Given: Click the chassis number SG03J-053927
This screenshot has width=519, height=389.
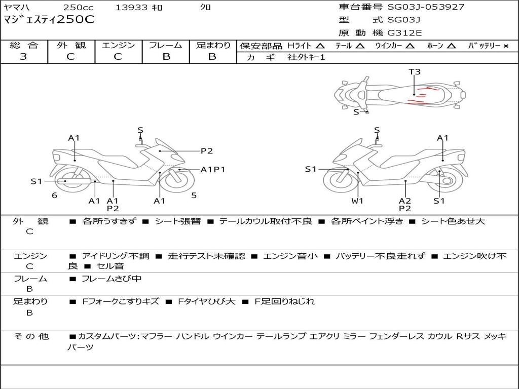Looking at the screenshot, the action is (x=426, y=7).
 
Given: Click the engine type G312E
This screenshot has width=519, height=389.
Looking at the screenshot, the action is (x=404, y=33).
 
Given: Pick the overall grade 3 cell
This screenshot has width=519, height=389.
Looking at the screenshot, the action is (x=23, y=57).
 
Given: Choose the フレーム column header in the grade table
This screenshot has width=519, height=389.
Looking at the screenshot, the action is (x=166, y=45).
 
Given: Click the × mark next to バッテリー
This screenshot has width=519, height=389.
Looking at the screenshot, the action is (x=505, y=46).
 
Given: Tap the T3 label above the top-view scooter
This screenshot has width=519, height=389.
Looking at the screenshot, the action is (x=415, y=72).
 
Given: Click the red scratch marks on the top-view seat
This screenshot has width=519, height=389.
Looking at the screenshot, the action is (x=421, y=96).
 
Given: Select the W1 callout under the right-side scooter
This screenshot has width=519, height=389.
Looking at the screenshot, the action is (x=358, y=201).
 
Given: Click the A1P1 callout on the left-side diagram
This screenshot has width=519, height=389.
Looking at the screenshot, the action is (x=213, y=170).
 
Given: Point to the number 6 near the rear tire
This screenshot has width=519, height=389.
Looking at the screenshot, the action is (x=54, y=195).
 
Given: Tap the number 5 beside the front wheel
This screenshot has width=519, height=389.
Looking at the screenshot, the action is (x=194, y=195).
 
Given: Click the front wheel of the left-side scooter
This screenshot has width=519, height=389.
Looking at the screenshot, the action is (x=177, y=181).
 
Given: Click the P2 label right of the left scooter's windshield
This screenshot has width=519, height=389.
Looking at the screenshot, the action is (x=206, y=150).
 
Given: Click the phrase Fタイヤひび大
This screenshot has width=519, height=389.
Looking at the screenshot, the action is (x=206, y=301).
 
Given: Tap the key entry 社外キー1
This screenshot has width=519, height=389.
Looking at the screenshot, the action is (x=307, y=57).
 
